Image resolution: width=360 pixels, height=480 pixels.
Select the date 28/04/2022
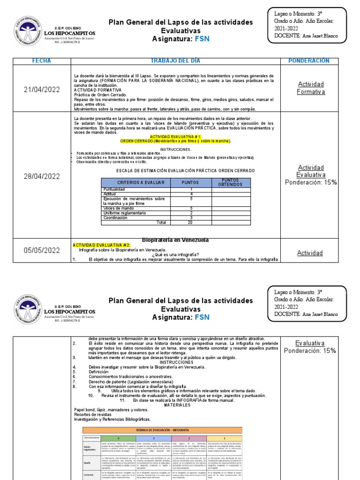[x=42, y=176]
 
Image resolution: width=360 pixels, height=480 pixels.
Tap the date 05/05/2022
[x=42, y=250]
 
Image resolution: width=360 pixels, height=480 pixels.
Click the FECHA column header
[x=41, y=61]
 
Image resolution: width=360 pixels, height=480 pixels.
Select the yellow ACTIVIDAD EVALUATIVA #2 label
[x=97, y=245]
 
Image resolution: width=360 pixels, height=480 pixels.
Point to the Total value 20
[x=190, y=222]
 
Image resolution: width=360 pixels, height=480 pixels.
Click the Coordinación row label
[x=115, y=217]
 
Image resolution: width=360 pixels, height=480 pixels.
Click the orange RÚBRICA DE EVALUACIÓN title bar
[x=162, y=430]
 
